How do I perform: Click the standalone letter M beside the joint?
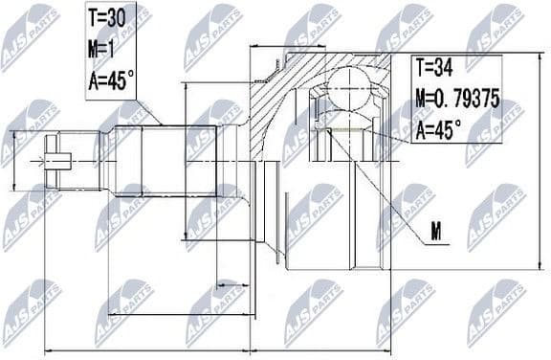tap(436, 231)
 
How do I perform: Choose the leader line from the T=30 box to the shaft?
tap(148, 113)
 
